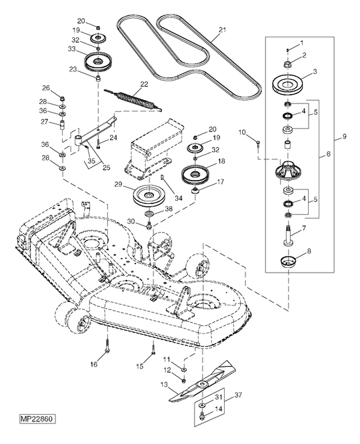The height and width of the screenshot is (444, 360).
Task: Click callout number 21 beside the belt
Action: [x=222, y=30]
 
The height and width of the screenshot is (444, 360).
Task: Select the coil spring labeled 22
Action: [x=138, y=98]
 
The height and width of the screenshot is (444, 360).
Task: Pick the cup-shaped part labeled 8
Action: [x=289, y=260]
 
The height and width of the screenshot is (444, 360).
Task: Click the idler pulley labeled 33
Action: [x=99, y=64]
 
